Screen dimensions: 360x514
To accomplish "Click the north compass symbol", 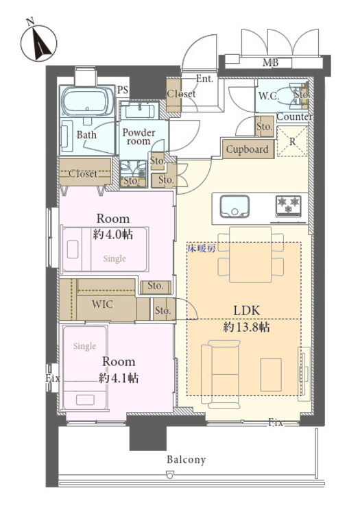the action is [x=38, y=42].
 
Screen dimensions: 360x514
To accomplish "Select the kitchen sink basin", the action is [x=234, y=206].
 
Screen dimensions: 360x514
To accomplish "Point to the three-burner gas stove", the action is [x=289, y=206].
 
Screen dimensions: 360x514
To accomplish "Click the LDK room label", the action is [x=247, y=310].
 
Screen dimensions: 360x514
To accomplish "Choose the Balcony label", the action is [x=186, y=460].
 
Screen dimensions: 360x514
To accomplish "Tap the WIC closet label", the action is [x=102, y=304].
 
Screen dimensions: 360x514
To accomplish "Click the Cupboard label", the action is [x=248, y=149].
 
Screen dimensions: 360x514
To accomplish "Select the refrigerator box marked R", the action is [x=293, y=141].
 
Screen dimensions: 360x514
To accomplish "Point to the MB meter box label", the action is [x=271, y=62].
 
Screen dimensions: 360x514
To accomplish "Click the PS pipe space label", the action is [x=123, y=90].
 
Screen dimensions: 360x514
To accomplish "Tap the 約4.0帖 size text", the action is [x=112, y=234].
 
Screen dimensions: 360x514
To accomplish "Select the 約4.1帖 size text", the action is [x=119, y=378].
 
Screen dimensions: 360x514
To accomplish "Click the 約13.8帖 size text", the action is [x=246, y=327].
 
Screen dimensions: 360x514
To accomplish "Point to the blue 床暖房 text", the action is [x=201, y=248].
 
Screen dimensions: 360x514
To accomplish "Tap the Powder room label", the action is [x=139, y=137].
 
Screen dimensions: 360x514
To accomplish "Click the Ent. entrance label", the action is [x=204, y=79].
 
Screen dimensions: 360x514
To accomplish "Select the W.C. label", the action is [x=269, y=96].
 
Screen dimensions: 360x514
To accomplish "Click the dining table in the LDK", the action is [x=250, y=254].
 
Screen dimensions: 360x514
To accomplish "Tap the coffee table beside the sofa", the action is [x=271, y=374].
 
